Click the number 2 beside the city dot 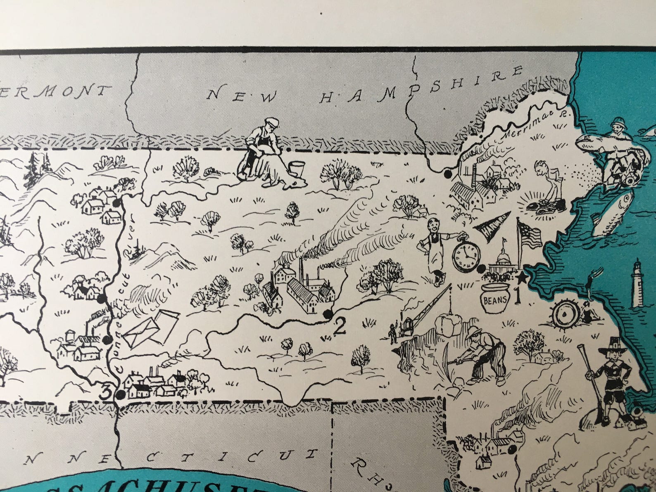[x=340, y=327]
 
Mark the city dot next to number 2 [x=328, y=315]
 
